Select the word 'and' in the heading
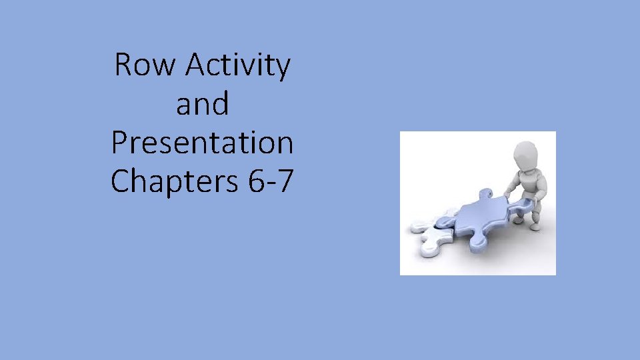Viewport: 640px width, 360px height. [x=202, y=105]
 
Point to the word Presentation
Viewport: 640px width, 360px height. [x=202, y=143]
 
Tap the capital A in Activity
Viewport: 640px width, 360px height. [x=197, y=65]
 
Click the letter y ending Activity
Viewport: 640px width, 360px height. [x=282, y=69]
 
